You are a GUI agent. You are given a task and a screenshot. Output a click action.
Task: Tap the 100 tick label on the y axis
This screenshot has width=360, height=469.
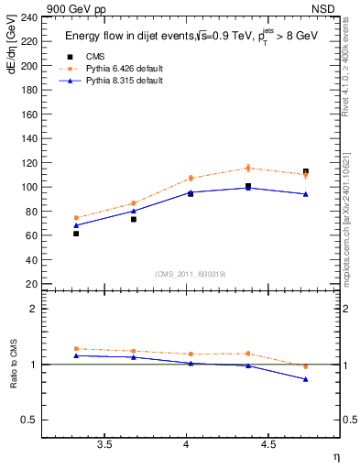point(29,187)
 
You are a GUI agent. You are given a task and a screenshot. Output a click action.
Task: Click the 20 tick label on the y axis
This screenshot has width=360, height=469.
point(32,284)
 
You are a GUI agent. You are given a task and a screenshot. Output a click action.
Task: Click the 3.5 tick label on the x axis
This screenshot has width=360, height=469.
point(104,445)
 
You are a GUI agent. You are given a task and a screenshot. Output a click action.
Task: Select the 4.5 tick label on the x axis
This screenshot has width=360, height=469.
point(267,445)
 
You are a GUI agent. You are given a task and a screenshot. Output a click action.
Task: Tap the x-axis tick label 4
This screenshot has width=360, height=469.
point(187,445)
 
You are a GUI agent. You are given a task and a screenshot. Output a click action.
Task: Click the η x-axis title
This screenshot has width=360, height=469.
point(335,457)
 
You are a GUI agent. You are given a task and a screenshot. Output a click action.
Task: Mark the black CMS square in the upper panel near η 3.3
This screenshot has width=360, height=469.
point(76,234)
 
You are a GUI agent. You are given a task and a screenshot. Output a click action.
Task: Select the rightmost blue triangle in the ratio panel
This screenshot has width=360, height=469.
point(306,379)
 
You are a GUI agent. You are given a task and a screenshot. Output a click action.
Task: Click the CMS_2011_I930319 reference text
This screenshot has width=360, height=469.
point(190,274)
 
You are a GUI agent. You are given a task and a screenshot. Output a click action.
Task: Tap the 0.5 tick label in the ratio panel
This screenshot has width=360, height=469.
point(29,420)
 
